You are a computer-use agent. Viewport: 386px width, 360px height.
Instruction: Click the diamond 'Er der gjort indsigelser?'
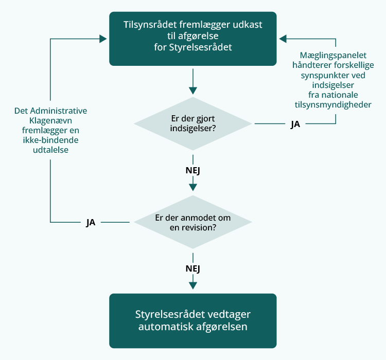click(x=192, y=123)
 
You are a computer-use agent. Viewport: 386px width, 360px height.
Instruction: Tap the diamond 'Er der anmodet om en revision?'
click(x=192, y=222)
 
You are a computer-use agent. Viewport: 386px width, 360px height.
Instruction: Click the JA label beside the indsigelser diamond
click(x=295, y=124)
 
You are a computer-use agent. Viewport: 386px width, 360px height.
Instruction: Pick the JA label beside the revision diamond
click(x=91, y=223)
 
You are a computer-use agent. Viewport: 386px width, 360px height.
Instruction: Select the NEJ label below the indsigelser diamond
click(x=192, y=170)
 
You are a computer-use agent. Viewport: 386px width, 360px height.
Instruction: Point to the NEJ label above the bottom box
click(x=192, y=268)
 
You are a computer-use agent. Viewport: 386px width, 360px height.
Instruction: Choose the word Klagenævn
click(x=50, y=121)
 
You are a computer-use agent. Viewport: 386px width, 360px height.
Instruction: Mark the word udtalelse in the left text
click(x=50, y=150)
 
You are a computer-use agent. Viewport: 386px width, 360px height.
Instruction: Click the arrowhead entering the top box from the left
click(x=102, y=38)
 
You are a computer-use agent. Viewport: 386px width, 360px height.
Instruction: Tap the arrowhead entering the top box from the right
click(x=283, y=38)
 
